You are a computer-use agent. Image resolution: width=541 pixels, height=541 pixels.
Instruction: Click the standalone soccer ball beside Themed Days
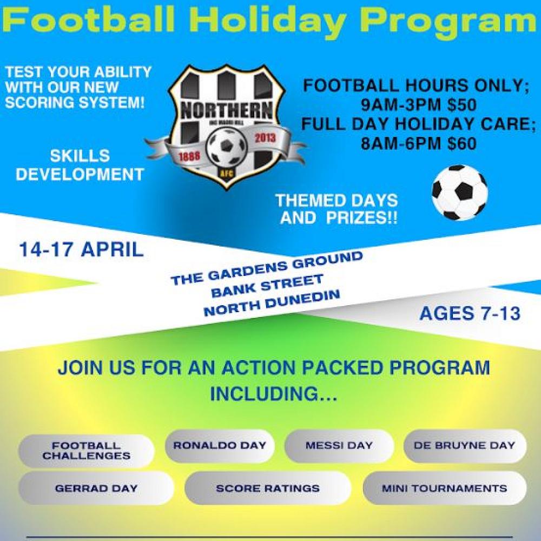point(459,193)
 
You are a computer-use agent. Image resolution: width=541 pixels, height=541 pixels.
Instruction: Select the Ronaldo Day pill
point(220,446)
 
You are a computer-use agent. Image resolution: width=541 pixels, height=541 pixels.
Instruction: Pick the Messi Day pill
point(339,446)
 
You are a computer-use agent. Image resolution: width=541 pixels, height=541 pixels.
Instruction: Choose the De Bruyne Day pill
point(464,446)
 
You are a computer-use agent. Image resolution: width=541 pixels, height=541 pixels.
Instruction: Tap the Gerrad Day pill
point(96,488)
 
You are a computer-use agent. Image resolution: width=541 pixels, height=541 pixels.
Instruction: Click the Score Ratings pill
point(268,488)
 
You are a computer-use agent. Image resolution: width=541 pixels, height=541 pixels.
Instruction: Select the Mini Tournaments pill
point(444,488)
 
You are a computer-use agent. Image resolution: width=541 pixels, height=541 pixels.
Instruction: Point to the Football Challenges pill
point(87,451)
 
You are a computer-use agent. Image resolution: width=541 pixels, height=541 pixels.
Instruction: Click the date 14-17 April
point(81,250)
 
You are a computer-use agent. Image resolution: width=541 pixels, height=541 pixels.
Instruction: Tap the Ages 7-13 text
point(470,313)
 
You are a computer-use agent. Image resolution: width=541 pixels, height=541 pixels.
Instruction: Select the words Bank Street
point(267,285)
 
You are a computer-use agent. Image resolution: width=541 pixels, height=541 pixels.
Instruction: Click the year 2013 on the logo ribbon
point(265,137)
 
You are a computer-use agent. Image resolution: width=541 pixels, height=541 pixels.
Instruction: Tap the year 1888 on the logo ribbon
point(189,156)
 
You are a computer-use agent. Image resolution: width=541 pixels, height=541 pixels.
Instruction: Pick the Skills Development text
point(80,165)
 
